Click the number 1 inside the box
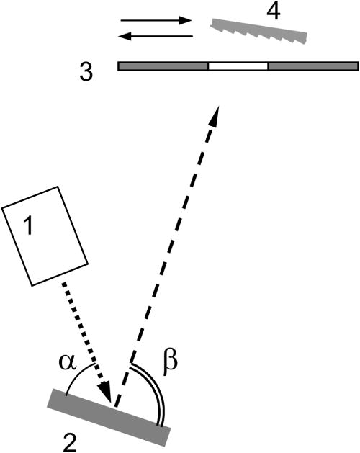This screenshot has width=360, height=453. (x=28, y=226)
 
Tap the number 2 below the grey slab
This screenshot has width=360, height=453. (x=69, y=444)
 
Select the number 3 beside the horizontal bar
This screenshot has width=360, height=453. (x=86, y=72)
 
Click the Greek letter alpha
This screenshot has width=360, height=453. (x=68, y=362)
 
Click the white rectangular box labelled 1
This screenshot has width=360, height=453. (x=45, y=236)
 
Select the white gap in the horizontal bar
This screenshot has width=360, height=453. (x=238, y=66)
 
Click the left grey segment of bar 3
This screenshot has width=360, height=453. (x=163, y=66)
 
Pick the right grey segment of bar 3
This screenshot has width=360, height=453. (x=313, y=66)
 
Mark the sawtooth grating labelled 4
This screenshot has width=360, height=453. (x=258, y=31)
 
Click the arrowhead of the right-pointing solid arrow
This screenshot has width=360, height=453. (x=186, y=20)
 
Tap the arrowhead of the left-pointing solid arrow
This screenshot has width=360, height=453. (x=125, y=36)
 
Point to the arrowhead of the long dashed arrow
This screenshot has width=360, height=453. (x=215, y=115)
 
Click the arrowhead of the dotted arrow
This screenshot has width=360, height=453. (x=106, y=392)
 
